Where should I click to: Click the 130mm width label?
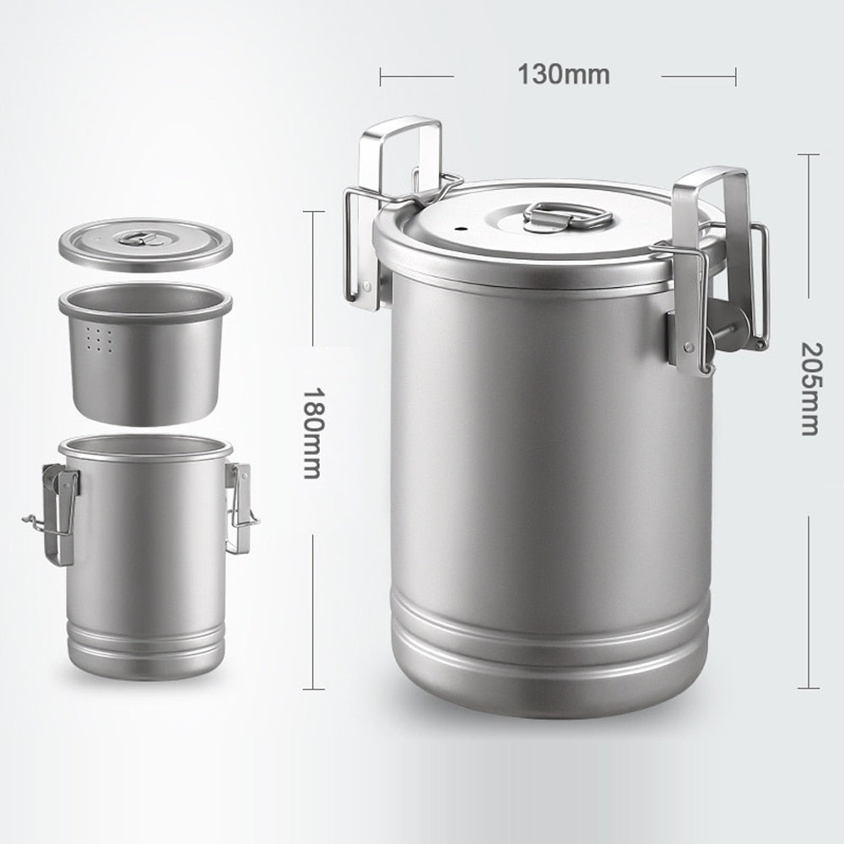pos(563,75)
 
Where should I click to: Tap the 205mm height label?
pos(809,388)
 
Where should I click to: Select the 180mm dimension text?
pos(312,433)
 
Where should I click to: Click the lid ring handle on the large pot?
pos(567,216)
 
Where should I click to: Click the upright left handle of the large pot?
pos(400,156)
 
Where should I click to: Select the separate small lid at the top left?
pos(145,245)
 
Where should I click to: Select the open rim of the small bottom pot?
pos(145,448)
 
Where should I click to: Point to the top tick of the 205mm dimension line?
pos(808,154)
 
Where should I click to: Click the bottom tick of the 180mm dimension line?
pos(313,689)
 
